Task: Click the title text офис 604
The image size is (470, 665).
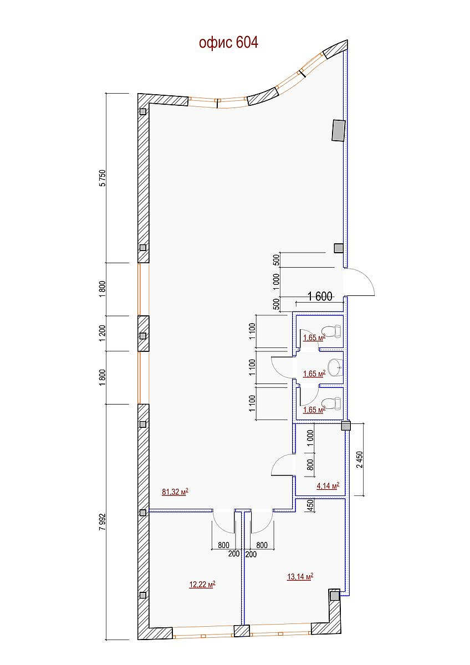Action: [x=228, y=43]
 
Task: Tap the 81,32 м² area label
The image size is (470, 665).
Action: [x=175, y=492]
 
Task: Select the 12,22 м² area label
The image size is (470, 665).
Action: [x=202, y=584]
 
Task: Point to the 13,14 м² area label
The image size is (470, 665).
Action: [x=300, y=576]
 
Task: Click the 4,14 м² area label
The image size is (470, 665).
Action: [x=328, y=485]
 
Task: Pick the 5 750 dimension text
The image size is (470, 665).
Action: [x=103, y=178]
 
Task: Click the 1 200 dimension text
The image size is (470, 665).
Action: [x=103, y=333]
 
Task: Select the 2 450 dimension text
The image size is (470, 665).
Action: [x=360, y=459]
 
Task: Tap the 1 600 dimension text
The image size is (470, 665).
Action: [x=320, y=296]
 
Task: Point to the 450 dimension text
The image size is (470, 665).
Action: [x=310, y=505]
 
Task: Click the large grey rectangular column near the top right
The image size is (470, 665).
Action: [x=339, y=130]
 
